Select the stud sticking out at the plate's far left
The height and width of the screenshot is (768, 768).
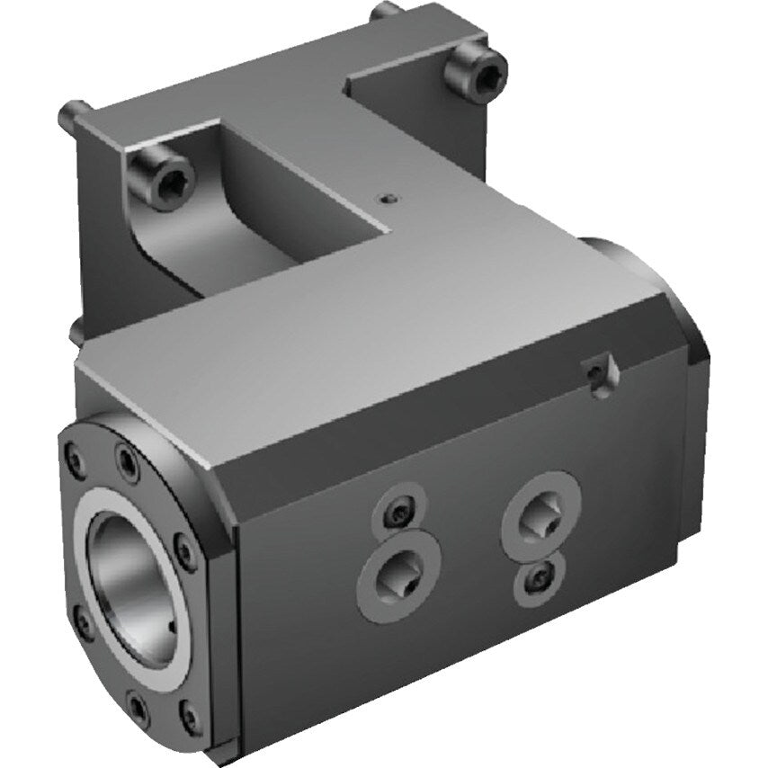(72, 114)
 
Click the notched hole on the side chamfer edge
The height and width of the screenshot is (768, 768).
(595, 371)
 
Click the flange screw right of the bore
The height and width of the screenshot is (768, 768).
(184, 550)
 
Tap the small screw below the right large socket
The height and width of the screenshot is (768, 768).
(539, 578)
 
